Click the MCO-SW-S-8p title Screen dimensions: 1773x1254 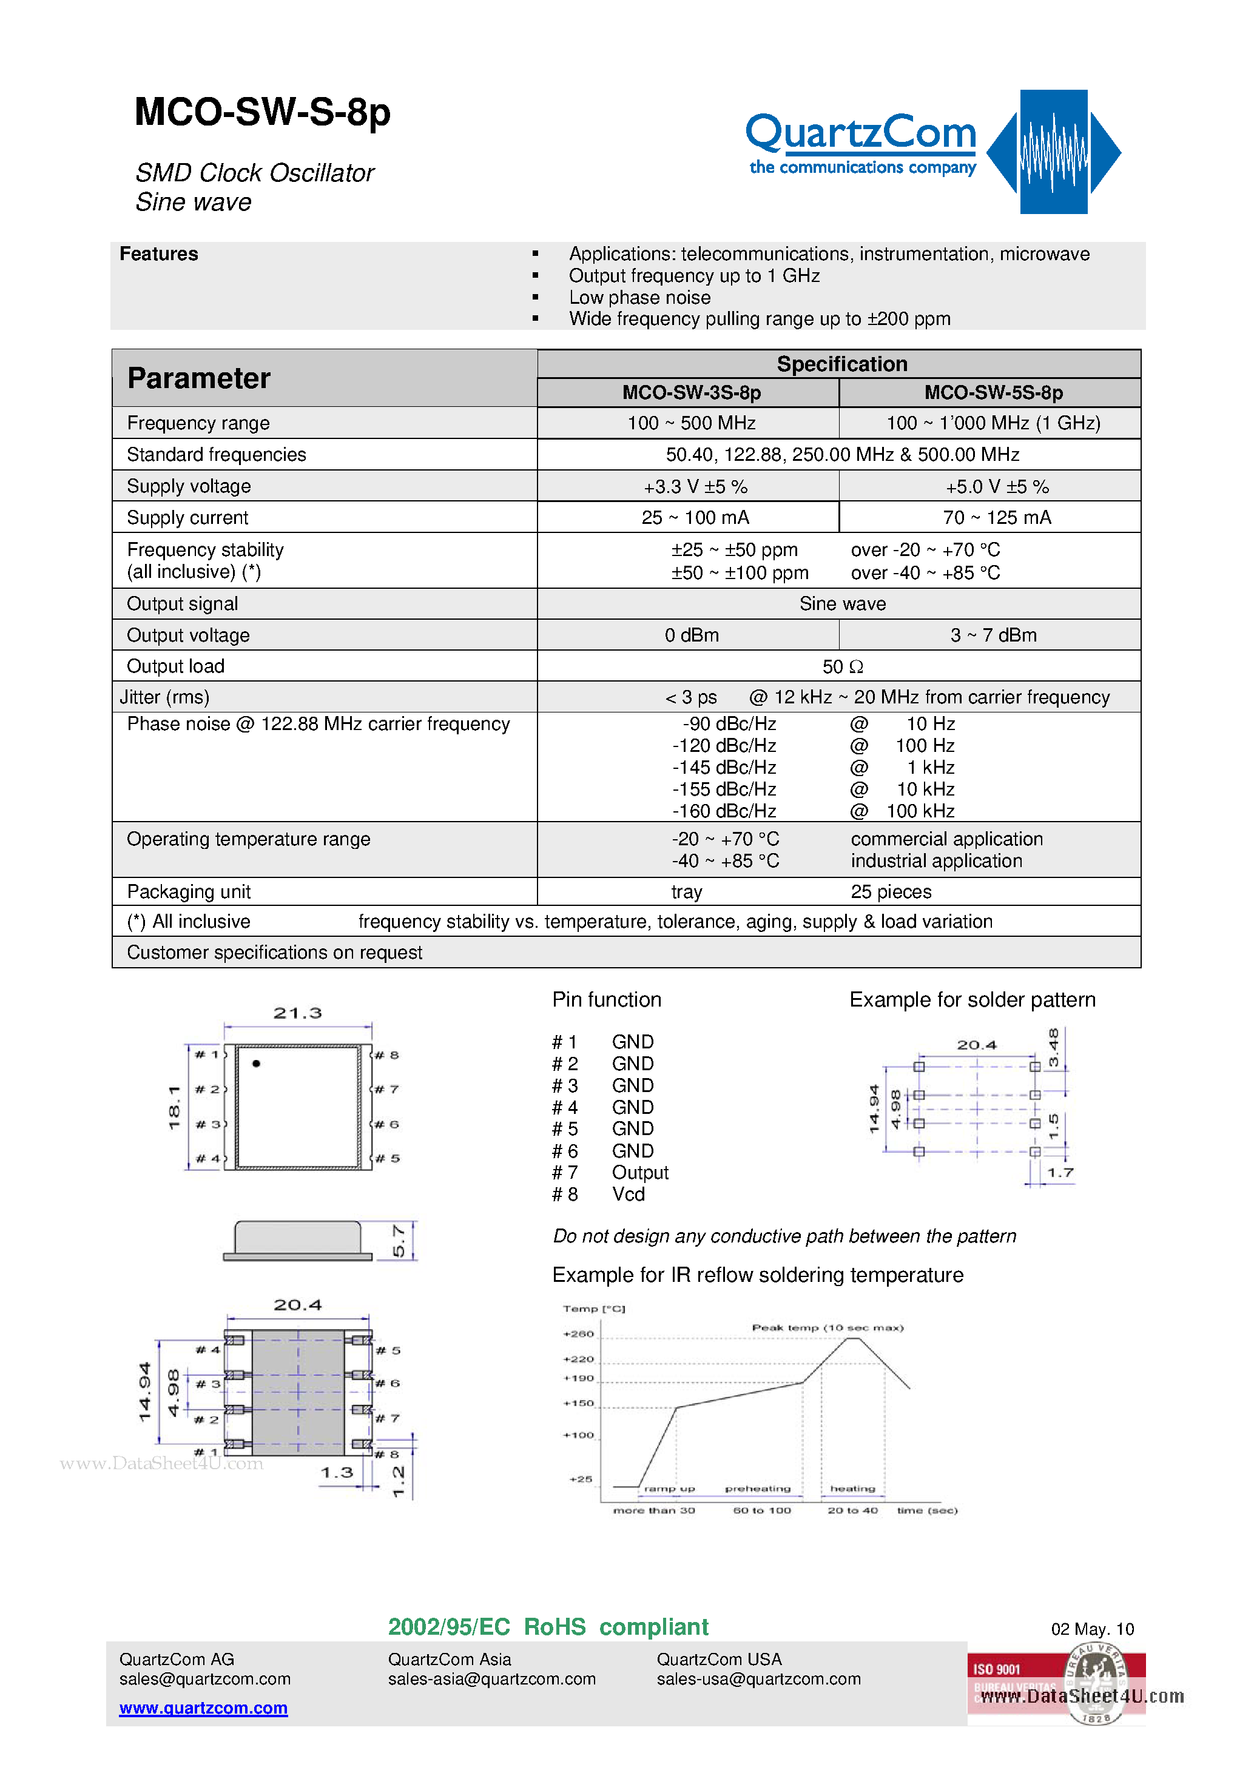click(x=262, y=113)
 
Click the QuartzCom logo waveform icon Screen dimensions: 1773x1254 click(x=1053, y=152)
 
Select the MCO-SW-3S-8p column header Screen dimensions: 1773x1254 click(x=691, y=393)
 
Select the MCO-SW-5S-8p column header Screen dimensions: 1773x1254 click(x=993, y=393)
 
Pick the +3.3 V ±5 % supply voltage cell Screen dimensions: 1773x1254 click(x=695, y=486)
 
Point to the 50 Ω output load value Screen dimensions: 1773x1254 click(x=842, y=666)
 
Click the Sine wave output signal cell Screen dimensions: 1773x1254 click(x=842, y=604)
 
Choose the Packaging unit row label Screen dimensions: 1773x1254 click(x=189, y=892)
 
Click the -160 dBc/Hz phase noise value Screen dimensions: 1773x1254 click(x=724, y=811)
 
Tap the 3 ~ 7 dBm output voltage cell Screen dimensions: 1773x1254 click(x=993, y=635)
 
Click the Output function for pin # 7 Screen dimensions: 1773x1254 click(x=640, y=1172)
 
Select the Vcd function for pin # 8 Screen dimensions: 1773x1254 click(x=628, y=1195)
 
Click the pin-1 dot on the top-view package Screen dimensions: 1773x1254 click(x=257, y=1064)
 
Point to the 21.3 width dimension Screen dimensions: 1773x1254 click(x=297, y=1013)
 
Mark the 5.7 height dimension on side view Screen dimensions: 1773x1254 click(x=399, y=1240)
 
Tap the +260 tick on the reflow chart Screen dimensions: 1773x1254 click(x=578, y=1333)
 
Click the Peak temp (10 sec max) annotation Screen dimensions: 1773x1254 click(x=828, y=1327)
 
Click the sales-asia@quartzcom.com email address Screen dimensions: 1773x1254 click(x=491, y=1679)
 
